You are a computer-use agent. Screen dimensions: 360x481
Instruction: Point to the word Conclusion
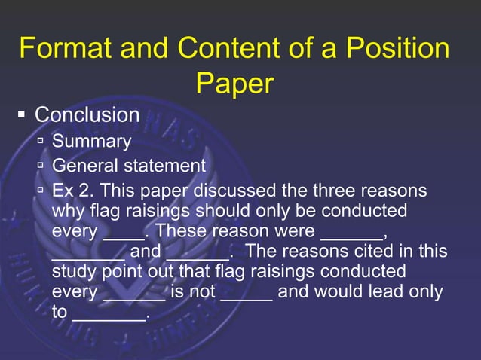click(87, 115)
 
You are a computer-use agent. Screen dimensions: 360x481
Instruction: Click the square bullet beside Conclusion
click(22, 115)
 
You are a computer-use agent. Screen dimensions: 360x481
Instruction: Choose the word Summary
click(91, 142)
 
